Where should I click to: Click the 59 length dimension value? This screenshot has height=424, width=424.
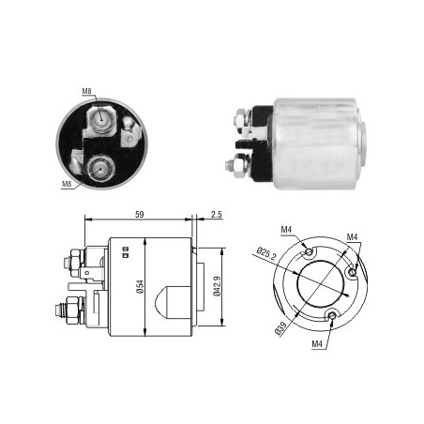pos(140,215)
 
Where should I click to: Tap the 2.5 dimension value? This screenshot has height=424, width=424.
pos(217,215)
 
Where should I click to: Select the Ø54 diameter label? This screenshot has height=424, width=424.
pos(140,287)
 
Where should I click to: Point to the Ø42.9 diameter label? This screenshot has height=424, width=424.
pos(217,286)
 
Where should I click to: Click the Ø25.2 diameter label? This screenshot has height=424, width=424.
pos(266,253)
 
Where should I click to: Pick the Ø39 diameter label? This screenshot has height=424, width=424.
pos(280,328)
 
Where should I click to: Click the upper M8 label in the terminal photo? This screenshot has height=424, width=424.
pos(86,91)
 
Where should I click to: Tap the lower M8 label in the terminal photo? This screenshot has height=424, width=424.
pos(67,184)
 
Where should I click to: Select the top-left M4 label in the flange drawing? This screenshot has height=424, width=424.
pos(286,230)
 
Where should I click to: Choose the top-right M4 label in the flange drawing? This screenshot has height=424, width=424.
pos(352,237)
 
